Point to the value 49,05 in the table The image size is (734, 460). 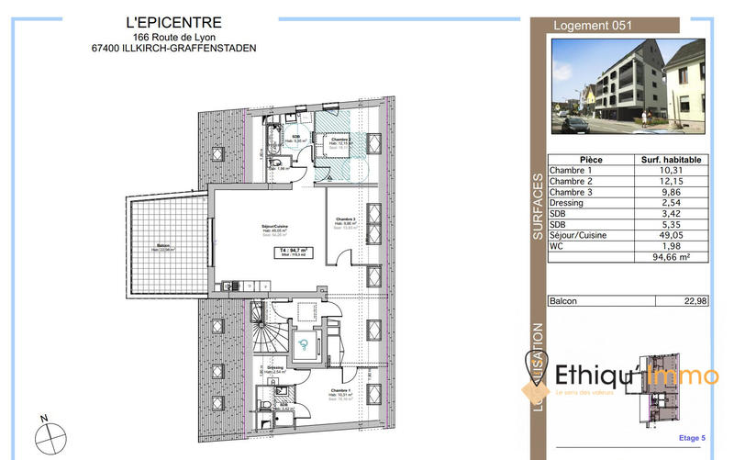click(x=673, y=235)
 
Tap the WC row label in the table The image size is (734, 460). click(x=559, y=247)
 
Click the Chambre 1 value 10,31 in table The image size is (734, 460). click(x=673, y=171)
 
